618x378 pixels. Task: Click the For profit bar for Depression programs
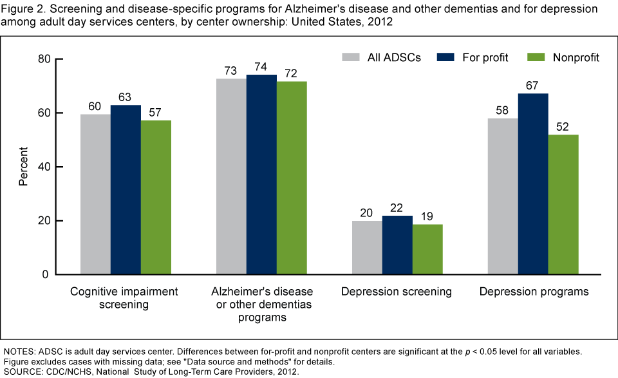click(533, 184)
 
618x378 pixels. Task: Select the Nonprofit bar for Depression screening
click(427, 249)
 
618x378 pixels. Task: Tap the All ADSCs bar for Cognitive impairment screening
click(95, 194)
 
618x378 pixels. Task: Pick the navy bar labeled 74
click(261, 175)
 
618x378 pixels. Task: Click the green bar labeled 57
click(156, 197)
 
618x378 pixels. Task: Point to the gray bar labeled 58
click(503, 196)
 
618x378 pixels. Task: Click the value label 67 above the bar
click(533, 84)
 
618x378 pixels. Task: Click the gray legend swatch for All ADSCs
click(351, 57)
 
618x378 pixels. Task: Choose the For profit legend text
click(485, 57)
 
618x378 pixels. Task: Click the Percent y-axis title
click(23, 167)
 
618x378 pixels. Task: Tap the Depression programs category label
click(534, 292)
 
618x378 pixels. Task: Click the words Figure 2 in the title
click(23, 9)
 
